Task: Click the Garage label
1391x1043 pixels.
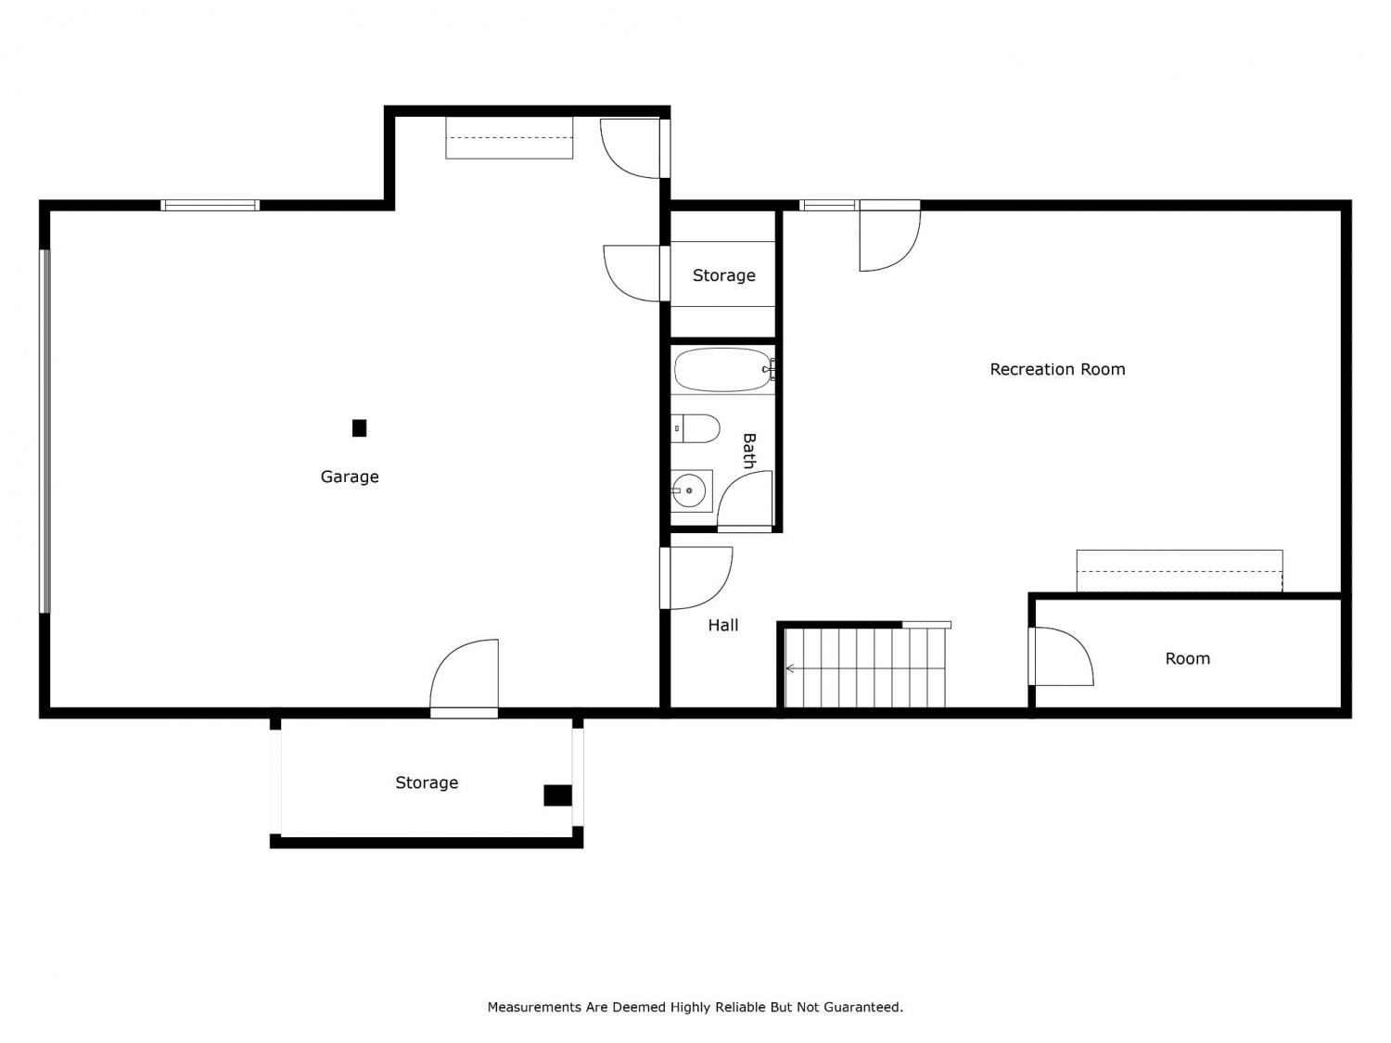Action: [x=350, y=477]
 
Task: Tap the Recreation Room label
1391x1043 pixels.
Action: [x=1057, y=369]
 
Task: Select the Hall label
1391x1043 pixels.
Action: [x=723, y=626]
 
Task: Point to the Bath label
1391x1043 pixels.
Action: [x=749, y=451]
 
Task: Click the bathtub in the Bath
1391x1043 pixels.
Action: [x=722, y=370]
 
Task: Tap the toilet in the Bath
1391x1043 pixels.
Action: [x=695, y=428]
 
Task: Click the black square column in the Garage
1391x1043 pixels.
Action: [x=359, y=428]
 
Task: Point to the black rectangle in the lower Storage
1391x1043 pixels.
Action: [x=557, y=796]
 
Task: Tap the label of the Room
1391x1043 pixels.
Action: [x=1187, y=659]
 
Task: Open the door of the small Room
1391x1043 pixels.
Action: [x=1061, y=656]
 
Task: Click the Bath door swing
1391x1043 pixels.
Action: [x=746, y=501]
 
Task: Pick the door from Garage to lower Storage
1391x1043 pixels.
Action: [x=464, y=679]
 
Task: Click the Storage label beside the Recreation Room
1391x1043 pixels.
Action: [x=723, y=275]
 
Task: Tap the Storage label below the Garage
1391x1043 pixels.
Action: [x=427, y=782]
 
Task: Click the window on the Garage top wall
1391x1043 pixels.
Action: [x=210, y=205]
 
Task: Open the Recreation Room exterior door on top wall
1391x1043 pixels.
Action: [x=889, y=235]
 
